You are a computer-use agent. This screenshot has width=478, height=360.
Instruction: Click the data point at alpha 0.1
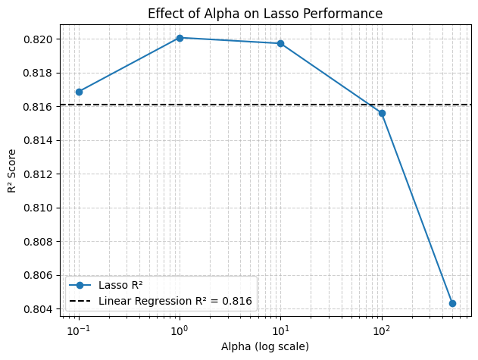[x=79, y=92]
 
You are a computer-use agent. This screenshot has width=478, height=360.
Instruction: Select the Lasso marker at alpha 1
[x=180, y=38]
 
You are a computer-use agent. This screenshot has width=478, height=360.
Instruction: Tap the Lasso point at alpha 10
[x=280, y=43]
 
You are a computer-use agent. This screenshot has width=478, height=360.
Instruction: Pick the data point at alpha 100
[x=382, y=113]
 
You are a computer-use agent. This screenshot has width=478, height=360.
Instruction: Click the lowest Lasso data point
[x=452, y=303]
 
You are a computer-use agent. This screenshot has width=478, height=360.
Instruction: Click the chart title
[x=265, y=14]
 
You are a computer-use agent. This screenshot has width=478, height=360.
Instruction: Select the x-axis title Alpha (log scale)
[x=265, y=346]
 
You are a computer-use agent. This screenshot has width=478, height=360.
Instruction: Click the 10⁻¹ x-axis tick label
[x=78, y=331]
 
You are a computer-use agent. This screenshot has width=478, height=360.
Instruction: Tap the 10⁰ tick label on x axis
[x=180, y=331]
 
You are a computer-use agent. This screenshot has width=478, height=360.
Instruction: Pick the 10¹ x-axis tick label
[x=281, y=331]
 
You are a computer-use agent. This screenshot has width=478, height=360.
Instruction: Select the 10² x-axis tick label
[x=382, y=331]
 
